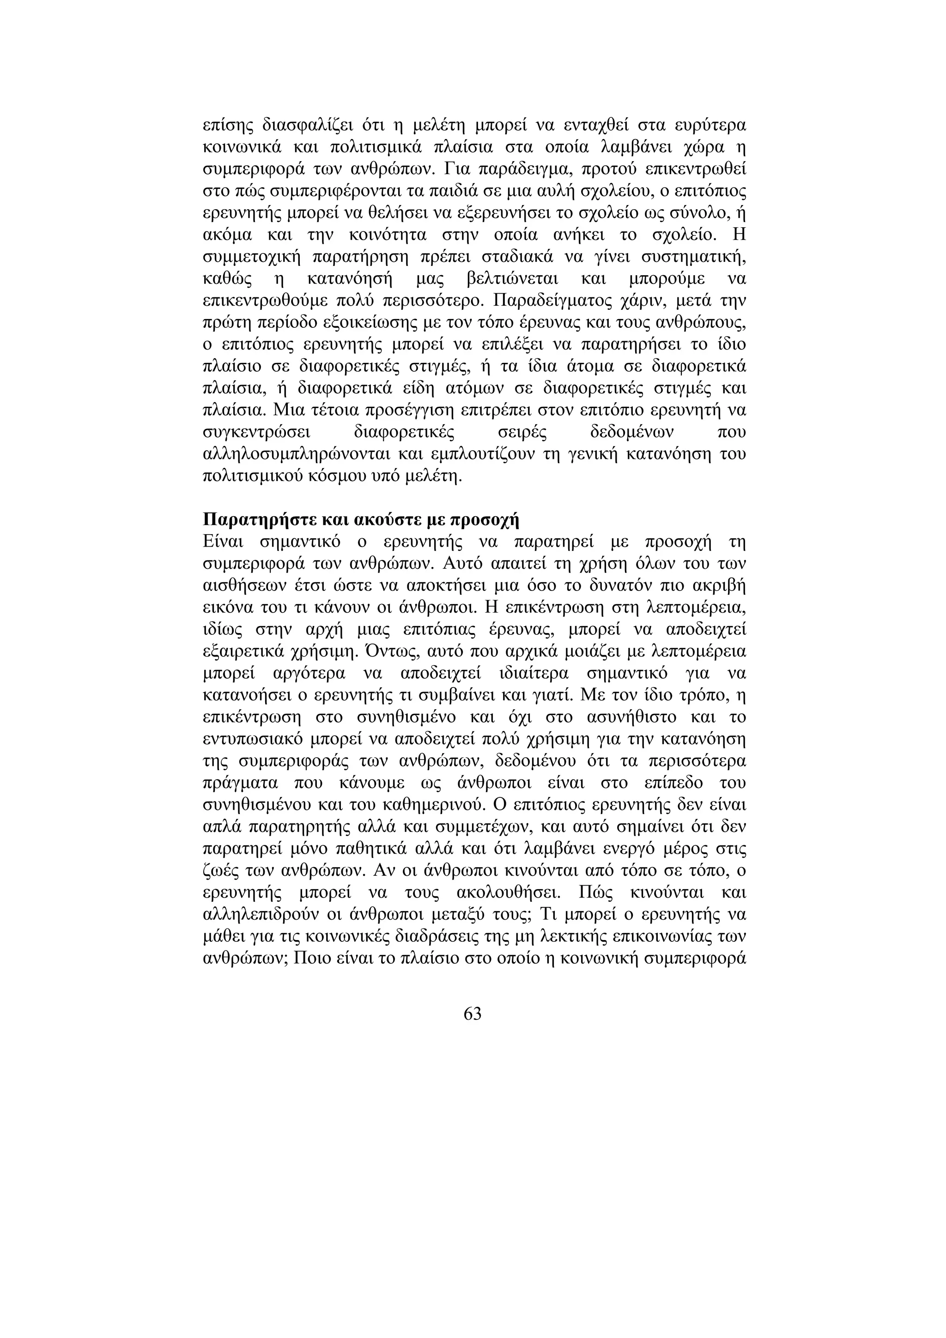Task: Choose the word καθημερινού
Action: pos(436,805)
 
